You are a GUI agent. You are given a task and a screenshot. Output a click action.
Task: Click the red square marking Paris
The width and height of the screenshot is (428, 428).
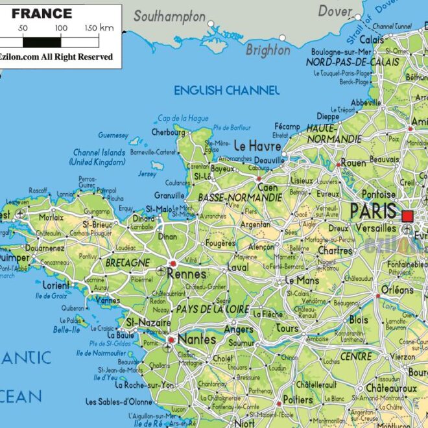point(408,216)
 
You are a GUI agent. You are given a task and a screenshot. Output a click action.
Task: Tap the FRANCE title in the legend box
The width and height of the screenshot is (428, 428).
point(42,13)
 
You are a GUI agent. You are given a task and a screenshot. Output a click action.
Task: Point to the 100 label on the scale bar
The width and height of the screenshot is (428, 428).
point(61,28)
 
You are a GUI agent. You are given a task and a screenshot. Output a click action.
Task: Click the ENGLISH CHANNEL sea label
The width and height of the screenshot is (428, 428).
point(226,91)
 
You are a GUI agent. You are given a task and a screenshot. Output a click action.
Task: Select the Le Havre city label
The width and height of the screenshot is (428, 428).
point(257,145)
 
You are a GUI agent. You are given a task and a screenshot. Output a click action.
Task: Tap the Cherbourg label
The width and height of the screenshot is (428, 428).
point(168,132)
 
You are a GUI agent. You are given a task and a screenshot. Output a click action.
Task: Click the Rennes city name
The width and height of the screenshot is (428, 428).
point(186,274)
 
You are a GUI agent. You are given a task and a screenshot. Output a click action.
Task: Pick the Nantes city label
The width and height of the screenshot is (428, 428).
point(196,339)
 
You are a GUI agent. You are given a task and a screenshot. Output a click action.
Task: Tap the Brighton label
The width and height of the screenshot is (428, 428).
point(268,50)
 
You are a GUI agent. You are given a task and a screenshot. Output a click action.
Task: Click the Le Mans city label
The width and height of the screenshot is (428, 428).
point(303,281)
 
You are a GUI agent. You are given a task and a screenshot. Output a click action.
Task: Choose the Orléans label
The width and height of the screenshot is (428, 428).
point(398,289)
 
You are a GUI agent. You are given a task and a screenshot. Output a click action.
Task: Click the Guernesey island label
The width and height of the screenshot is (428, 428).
point(113,136)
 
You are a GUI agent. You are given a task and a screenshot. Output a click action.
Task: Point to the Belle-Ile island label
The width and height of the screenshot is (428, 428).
point(67,329)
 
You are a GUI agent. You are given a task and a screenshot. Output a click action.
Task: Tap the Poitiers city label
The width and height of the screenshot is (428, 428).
point(298,399)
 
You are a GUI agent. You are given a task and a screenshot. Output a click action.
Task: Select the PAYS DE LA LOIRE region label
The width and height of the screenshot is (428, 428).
point(212,309)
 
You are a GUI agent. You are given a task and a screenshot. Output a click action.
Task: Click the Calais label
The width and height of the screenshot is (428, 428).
point(390,39)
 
